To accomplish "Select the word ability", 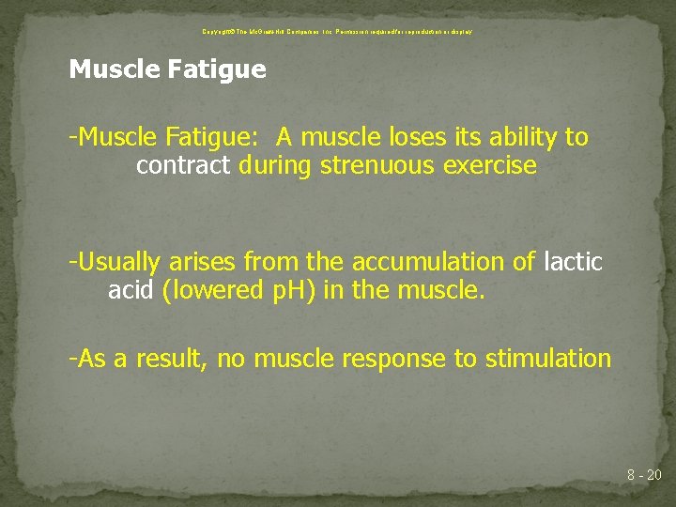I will tap(513, 137).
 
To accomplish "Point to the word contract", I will tap(183, 166).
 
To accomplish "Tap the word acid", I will tap(131, 291).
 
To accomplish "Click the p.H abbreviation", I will tap(296, 291).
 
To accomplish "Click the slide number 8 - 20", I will tap(644, 476).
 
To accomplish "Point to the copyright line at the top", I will tap(337, 31).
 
